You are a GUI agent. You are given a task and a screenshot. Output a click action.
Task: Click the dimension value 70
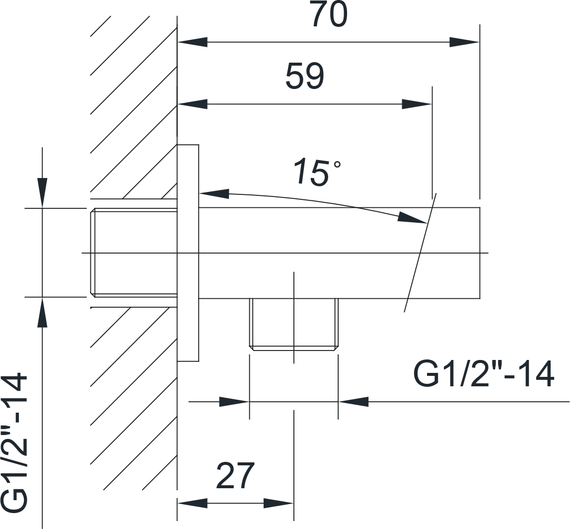pyautogui.click(x=330, y=14)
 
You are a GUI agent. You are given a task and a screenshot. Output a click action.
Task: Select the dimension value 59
pyautogui.click(x=305, y=76)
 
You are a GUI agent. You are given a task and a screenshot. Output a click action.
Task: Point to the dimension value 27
pyautogui.click(x=235, y=475)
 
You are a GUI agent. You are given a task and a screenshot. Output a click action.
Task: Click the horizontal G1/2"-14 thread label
pyautogui.click(x=484, y=373)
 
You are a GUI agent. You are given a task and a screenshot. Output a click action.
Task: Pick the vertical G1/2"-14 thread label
pyautogui.click(x=14, y=442)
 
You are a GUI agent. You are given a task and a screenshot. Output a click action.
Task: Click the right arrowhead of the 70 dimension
pyautogui.click(x=464, y=42)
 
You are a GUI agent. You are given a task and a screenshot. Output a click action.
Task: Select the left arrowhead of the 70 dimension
pyautogui.click(x=192, y=42)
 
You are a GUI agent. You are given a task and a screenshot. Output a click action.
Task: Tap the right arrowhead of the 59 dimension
pyautogui.click(x=417, y=104)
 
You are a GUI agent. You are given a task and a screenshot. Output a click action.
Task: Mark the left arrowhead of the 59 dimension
pyautogui.click(x=192, y=104)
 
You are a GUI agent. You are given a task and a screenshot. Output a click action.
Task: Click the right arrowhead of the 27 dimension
pyautogui.click(x=279, y=504)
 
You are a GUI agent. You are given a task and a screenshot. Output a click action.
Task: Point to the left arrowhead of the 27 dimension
pyautogui.click(x=192, y=504)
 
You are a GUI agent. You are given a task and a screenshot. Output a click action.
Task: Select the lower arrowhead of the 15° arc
pyautogui.click(x=412, y=217)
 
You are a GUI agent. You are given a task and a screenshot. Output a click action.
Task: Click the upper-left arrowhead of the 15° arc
pyautogui.click(x=214, y=194)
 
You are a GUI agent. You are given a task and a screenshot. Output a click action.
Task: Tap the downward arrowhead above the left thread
pyautogui.click(x=43, y=193)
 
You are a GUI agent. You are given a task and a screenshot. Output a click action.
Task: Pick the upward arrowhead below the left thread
pyautogui.click(x=43, y=312)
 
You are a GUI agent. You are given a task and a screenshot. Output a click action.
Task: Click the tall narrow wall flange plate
pyautogui.click(x=188, y=253)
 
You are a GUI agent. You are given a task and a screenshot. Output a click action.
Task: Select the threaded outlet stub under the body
pyautogui.click(x=294, y=324)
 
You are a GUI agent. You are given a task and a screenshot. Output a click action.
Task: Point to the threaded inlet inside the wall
pyautogui.click(x=134, y=253)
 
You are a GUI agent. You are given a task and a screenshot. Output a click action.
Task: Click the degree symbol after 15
pyautogui.click(x=337, y=165)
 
